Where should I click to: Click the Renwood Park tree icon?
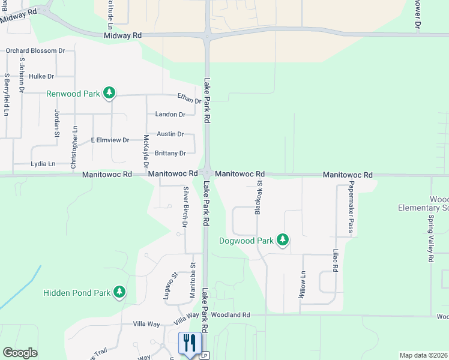tap(109, 92)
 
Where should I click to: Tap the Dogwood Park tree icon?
tap(283, 241)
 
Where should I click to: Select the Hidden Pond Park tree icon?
tap(120, 292)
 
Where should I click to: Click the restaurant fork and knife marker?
tap(190, 344)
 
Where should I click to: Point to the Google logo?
tap(20, 353)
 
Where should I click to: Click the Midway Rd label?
tap(122, 36)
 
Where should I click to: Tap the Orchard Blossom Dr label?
tap(35, 51)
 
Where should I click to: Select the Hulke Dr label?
tap(41, 76)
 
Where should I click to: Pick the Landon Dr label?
tap(170, 115)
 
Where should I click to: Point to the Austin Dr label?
tap(170, 134)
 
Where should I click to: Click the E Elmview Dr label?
tap(110, 140)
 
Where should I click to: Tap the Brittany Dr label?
tap(170, 153)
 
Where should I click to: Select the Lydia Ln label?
tap(43, 164)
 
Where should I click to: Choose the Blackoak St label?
tap(259, 199)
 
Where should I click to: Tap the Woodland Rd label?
tap(230, 315)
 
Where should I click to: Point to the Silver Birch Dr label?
tap(185, 207)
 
